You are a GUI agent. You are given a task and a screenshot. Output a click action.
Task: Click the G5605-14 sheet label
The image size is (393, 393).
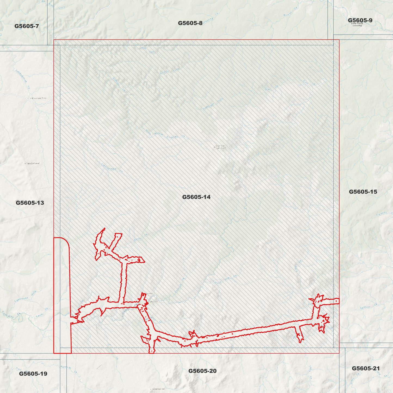point(196,197)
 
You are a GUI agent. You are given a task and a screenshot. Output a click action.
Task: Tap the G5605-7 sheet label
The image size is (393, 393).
point(27,26)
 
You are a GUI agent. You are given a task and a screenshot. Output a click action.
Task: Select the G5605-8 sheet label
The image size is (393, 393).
point(190,23)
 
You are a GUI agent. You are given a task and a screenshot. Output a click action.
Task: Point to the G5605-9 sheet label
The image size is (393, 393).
point(360,20)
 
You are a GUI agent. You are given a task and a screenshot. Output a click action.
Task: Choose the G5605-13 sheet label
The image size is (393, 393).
point(30,203)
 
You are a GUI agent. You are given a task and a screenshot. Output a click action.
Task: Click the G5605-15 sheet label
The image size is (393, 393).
point(363,192)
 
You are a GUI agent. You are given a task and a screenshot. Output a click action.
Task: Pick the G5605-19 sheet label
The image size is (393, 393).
point(33,374)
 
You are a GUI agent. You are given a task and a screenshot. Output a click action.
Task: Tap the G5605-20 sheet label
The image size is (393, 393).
point(202,371)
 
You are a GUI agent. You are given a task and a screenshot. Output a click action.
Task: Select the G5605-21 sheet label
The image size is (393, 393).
point(366,368)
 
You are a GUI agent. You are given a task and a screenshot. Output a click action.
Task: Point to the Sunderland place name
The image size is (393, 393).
point(33,163)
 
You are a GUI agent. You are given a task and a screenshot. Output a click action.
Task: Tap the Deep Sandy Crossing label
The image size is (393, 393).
point(357,24)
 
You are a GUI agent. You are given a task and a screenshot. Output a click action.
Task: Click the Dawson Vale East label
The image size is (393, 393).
point(220,147)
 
